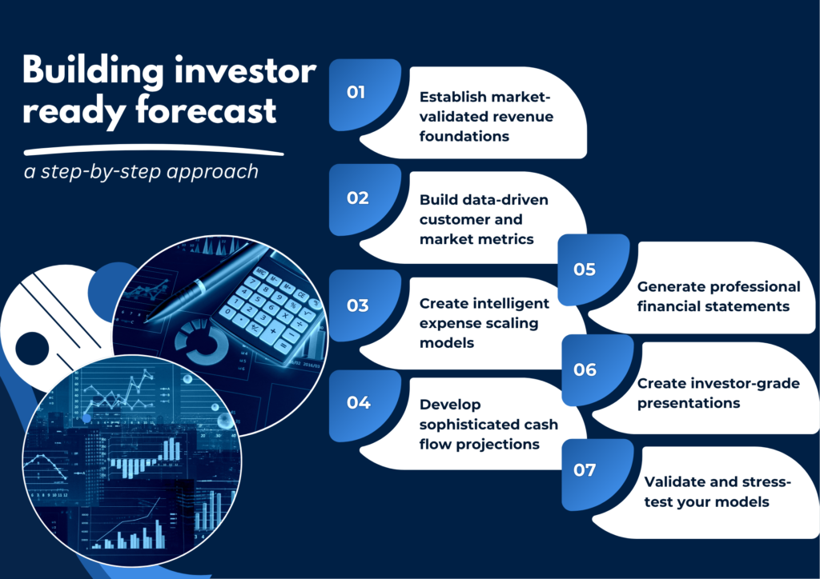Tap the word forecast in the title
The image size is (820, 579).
(x=206, y=110)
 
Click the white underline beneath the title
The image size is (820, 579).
(x=154, y=150)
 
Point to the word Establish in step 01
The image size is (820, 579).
(x=453, y=97)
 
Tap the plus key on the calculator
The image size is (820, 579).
(x=273, y=330)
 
